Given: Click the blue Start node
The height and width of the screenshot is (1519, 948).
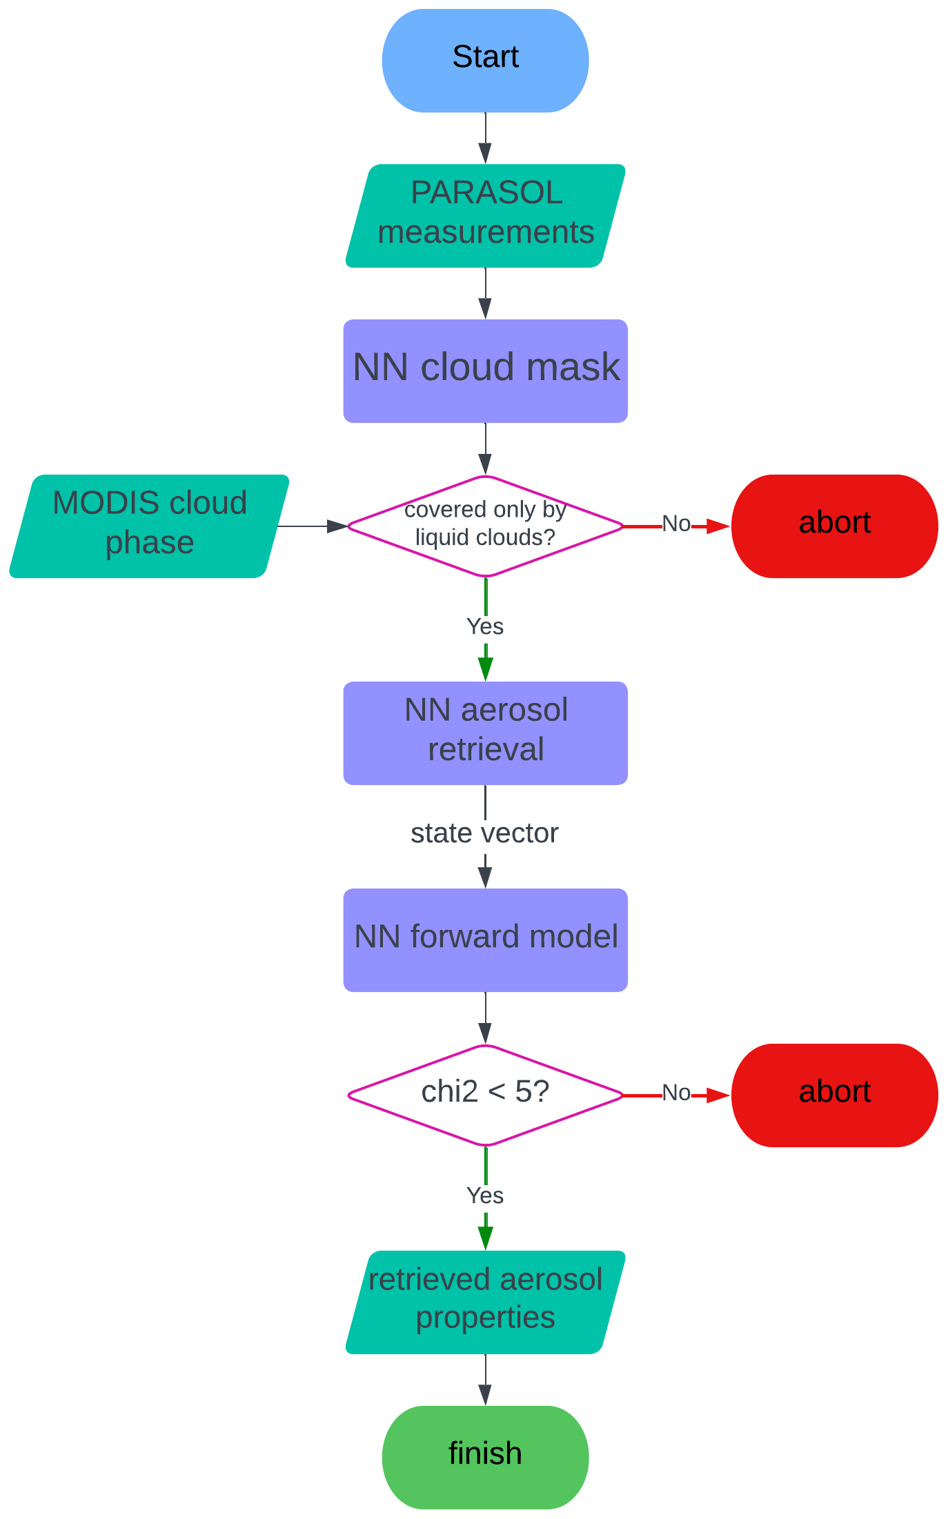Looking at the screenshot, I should pos(485,61).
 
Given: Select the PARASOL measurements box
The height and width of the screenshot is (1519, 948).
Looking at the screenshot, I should pos(485,216).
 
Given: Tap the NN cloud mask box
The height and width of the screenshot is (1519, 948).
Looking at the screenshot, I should pos(485,371).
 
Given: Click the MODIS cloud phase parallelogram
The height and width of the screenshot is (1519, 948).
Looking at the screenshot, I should pos(149,526).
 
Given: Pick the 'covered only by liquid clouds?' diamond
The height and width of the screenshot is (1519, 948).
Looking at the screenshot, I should pos(485,526).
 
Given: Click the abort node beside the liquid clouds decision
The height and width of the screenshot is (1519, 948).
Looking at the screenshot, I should pos(834,526).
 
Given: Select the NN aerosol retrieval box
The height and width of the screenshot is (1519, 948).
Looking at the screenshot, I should pos(485,733).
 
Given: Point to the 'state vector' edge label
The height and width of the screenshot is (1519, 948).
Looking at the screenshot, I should pos(484,833).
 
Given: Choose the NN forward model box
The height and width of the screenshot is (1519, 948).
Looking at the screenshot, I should pos(485,940).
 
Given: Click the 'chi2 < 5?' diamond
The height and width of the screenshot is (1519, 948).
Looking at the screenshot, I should pos(485,1095).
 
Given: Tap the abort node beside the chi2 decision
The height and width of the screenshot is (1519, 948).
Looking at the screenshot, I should pos(834,1095).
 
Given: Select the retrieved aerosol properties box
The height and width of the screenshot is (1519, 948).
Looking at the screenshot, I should pos(485,1302).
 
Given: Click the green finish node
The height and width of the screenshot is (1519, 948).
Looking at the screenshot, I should pos(485,1457).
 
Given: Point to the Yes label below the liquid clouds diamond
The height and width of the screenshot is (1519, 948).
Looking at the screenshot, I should pos(485,626).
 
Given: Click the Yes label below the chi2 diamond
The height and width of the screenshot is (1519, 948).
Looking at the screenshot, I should pos(485,1195).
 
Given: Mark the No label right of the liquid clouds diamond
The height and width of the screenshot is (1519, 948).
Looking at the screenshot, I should pos(676,524).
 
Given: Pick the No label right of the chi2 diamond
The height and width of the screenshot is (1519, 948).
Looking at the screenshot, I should pos(676,1093).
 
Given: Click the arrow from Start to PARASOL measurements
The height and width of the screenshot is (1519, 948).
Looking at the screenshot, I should pos(485,138).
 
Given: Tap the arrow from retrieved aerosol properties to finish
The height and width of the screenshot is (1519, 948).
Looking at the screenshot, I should pos(485,1380).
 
